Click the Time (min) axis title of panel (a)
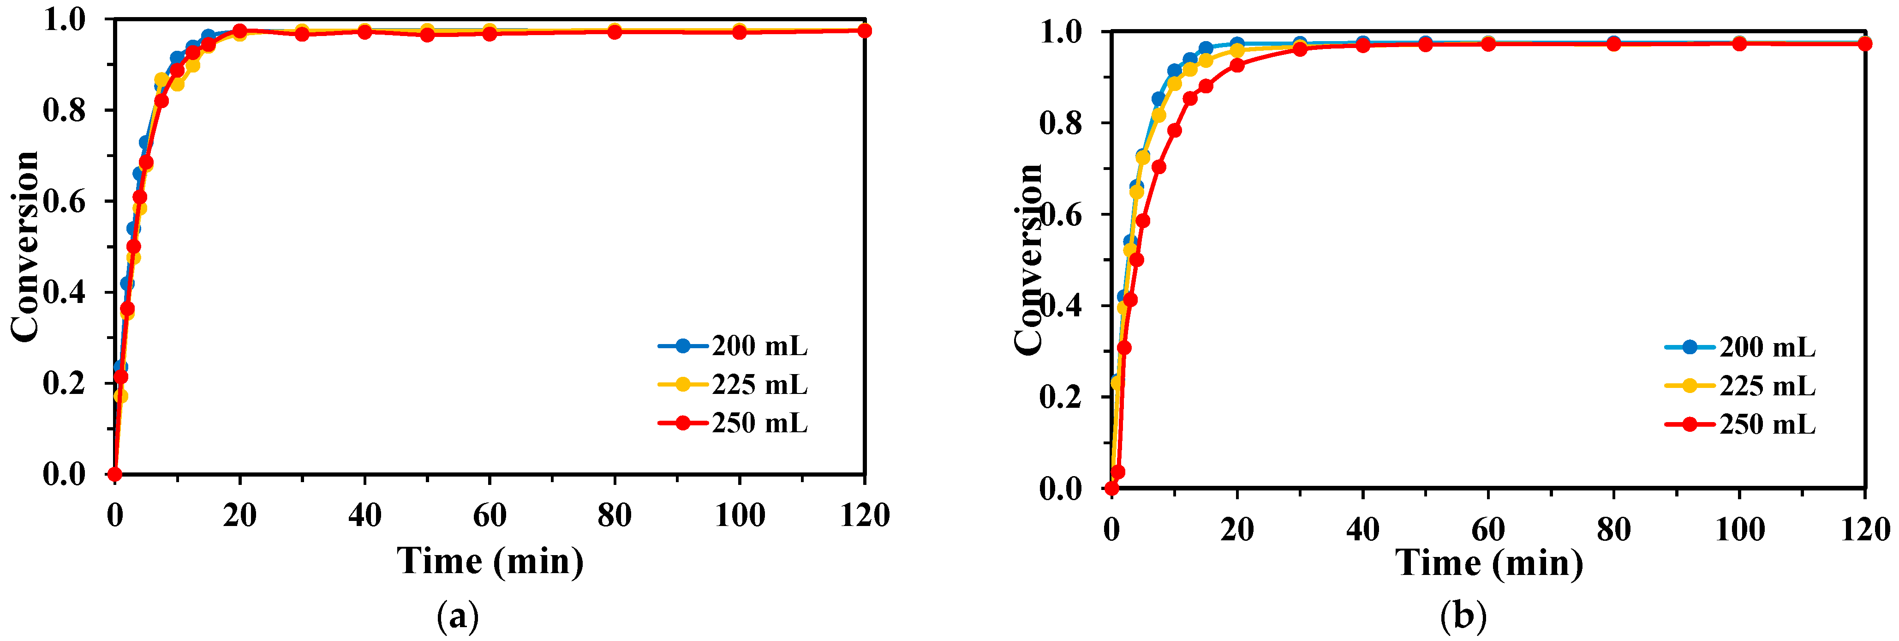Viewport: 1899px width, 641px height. (x=490, y=561)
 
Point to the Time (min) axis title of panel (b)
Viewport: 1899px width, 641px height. (x=1489, y=563)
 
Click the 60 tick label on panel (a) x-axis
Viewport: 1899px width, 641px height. (x=490, y=515)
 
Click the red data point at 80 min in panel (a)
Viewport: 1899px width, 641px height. (x=614, y=32)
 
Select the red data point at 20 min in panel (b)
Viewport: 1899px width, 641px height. (x=1237, y=66)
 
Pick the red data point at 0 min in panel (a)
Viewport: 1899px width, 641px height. (x=114, y=473)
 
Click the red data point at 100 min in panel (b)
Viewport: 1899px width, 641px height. (x=1739, y=44)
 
